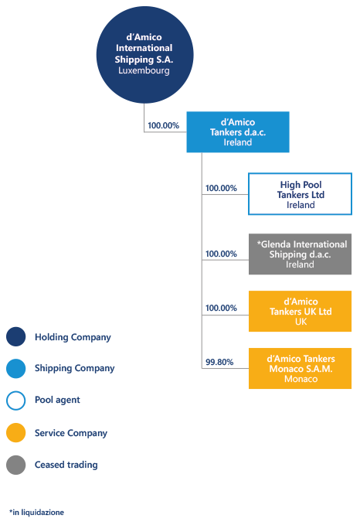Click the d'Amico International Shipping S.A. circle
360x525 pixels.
tap(144, 55)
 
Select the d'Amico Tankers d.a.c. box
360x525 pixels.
tap(238, 132)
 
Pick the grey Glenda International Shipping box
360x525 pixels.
tap(300, 254)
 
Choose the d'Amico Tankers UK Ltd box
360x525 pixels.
tap(300, 312)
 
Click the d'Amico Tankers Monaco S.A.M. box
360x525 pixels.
tap(300, 368)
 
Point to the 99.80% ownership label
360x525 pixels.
tap(219, 362)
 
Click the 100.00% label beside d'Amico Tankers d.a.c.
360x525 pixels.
tap(164, 125)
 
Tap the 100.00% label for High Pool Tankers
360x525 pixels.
tap(221, 188)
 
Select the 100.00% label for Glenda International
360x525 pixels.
tap(221, 254)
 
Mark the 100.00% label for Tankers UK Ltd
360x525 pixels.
tap(221, 308)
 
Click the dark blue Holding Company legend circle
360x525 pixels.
tap(15, 336)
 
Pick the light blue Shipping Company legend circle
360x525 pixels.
tap(15, 368)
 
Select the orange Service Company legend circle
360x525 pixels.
tap(15, 432)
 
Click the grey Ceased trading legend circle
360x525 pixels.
tap(15, 465)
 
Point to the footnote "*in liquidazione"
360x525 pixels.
tap(36, 513)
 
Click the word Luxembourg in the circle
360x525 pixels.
tap(144, 70)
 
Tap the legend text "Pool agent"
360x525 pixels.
tap(57, 400)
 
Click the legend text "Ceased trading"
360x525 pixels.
tap(66, 465)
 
